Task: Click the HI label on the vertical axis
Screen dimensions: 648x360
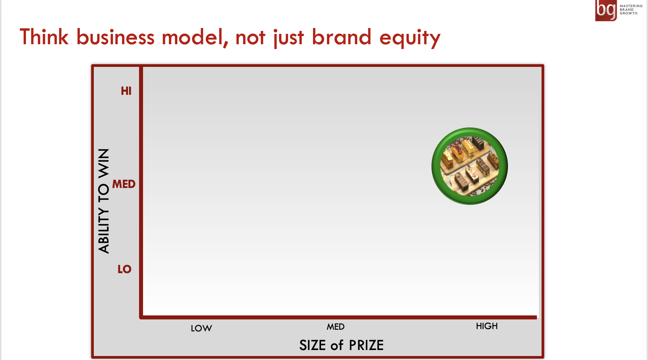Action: (126, 91)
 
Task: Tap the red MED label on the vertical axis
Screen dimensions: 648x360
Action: (124, 184)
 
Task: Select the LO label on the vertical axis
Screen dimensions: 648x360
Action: (124, 269)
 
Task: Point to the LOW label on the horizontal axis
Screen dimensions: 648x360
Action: (201, 328)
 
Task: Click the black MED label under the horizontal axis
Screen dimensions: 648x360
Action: (336, 327)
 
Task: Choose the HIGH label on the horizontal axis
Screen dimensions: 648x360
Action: (487, 326)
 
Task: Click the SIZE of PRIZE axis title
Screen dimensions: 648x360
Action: (341, 345)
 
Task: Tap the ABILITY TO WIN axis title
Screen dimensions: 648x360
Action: (104, 201)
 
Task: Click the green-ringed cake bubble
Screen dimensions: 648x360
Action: (470, 166)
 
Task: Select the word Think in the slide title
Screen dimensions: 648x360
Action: (44, 37)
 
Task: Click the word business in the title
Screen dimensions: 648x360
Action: (115, 37)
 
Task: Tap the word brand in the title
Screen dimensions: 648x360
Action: (342, 37)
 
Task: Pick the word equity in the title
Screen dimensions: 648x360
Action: (410, 38)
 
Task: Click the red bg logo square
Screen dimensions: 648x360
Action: (606, 10)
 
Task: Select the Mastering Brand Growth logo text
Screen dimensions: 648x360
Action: (631, 10)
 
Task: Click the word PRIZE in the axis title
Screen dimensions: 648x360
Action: (366, 345)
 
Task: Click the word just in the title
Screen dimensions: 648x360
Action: (288, 38)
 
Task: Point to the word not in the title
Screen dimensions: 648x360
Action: (250, 38)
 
